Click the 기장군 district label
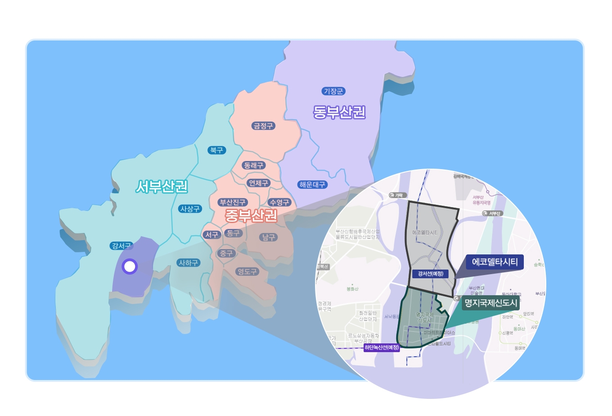point(333,91)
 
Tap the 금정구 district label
point(263,126)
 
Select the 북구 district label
point(216,150)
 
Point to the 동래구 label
point(253,166)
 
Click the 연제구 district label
point(258,183)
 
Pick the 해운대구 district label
point(312,184)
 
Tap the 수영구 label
point(279,202)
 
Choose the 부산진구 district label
point(233,202)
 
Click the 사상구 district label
point(190,209)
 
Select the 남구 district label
point(269,237)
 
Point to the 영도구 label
point(247,272)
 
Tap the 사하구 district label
point(189,263)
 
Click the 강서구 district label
point(121,246)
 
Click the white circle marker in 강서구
point(130,267)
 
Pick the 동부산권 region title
point(339,112)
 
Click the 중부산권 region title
point(251,216)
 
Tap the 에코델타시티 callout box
point(495,262)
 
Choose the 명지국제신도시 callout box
point(491,303)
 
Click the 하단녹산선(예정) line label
point(382,348)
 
